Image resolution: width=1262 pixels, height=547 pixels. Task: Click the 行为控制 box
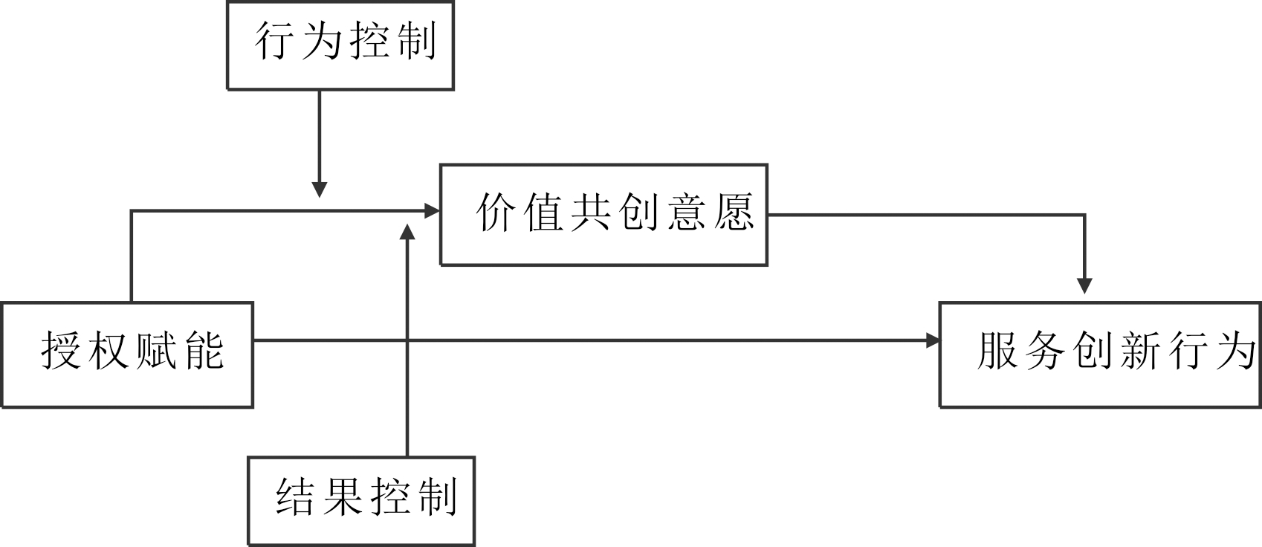point(340,45)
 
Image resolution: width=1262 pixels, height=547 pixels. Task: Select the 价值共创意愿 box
point(604,215)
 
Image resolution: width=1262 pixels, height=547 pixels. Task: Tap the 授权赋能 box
point(127,355)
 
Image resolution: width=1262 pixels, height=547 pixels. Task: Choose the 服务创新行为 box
point(1100,355)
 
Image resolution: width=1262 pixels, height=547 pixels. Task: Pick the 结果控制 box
point(361,501)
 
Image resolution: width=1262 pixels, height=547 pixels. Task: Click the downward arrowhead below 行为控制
point(319,189)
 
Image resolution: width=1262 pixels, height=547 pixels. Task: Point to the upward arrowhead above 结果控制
point(407,233)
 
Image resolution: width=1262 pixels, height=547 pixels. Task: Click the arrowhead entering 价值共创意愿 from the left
point(433,211)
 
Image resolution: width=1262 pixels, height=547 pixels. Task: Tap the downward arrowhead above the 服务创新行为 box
point(1085,285)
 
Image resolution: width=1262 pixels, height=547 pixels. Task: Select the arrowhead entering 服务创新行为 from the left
point(932,340)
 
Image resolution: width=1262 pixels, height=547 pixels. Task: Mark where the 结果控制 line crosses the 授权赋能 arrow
point(407,340)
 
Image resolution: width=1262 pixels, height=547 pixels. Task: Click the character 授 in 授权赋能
point(60,349)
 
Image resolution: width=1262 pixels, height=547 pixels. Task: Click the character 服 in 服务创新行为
point(997,349)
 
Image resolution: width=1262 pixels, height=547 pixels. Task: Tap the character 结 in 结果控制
point(295,496)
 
